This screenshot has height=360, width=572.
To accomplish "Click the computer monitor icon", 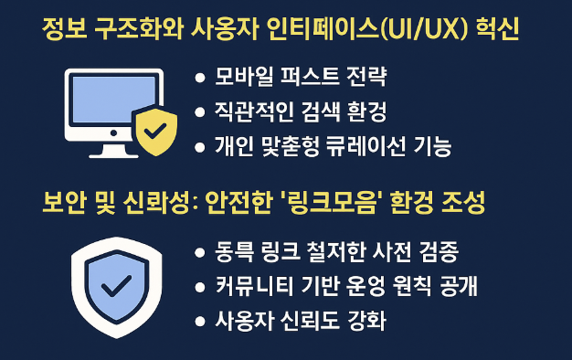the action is tap(111, 104).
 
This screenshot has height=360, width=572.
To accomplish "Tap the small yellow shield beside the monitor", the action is tap(151, 132).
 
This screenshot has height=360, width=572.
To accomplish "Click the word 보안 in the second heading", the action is tap(62, 203).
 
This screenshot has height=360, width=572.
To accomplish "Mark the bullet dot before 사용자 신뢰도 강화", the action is tap(199, 321).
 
